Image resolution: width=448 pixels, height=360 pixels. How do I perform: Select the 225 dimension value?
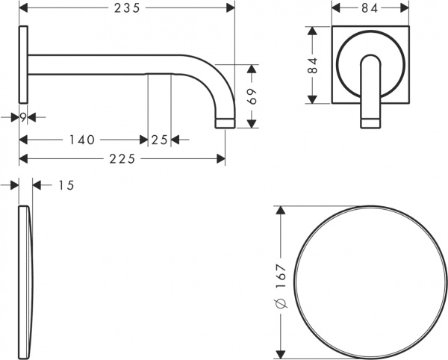(x=123, y=158)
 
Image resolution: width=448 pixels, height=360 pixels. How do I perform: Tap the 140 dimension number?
(x=81, y=139)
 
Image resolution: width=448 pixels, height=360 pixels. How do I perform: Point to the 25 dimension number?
(x=158, y=139)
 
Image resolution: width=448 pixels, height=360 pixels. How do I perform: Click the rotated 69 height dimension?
(x=252, y=96)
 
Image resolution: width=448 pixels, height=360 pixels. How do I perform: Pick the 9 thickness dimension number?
(x=24, y=117)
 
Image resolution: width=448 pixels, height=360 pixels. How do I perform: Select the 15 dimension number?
(x=65, y=184)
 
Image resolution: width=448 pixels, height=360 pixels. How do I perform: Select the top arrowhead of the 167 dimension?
(x=281, y=211)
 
